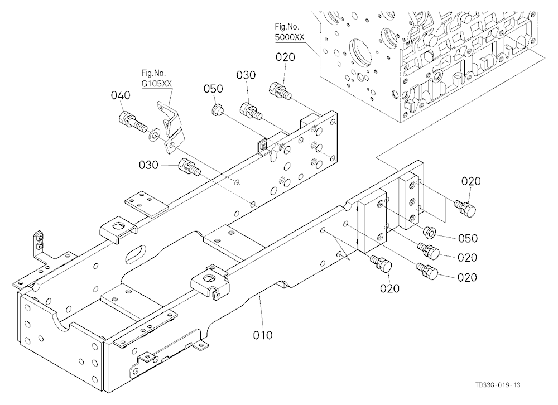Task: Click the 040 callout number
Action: coord(121,95)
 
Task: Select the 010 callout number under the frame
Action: coord(263,335)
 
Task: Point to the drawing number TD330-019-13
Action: coord(498,385)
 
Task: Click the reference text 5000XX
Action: coord(290,37)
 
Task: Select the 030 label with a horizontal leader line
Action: coord(149,165)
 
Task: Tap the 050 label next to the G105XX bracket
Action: coord(213,89)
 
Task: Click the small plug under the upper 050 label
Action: coord(217,110)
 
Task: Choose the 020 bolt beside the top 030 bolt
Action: coord(281,90)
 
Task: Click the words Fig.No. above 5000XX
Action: coord(287,26)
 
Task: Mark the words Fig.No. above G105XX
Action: coord(153,73)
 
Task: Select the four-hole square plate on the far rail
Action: coord(146,204)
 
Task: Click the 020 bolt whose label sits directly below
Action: coord(381,264)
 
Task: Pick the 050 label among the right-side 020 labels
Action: coord(468,238)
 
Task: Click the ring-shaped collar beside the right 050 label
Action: coord(429,232)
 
